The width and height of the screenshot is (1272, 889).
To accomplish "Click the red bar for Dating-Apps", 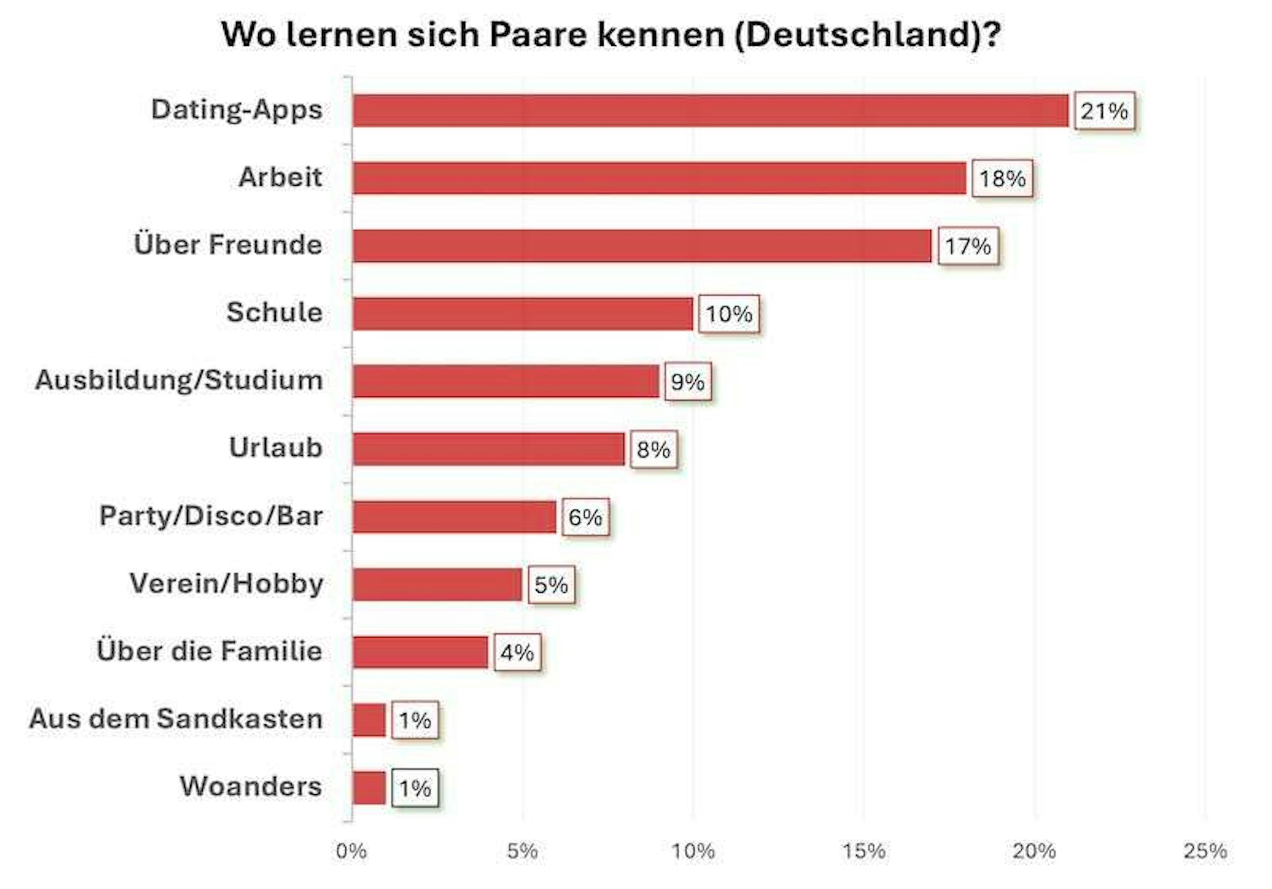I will point(710,111).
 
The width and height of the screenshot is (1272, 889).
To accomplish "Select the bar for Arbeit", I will point(659,178).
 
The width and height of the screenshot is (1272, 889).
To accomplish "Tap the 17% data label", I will point(967,246).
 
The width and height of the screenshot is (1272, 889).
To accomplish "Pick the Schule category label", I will point(274,312).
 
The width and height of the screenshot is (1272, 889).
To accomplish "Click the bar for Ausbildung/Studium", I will point(506,381).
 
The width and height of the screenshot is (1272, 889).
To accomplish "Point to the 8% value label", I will point(653,450).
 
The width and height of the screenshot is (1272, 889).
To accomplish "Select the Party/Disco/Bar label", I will point(211,516).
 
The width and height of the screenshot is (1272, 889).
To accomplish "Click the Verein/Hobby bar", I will point(437,584).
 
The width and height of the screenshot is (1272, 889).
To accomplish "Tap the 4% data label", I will point(517,652).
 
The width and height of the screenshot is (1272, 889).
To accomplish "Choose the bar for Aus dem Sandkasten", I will point(369,720).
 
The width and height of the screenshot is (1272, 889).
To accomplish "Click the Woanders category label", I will point(251,787).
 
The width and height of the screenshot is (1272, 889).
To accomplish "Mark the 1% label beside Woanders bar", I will point(415,789).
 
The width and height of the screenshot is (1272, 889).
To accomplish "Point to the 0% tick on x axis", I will point(351,851).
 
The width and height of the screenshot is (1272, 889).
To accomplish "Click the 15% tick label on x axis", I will point(863,851).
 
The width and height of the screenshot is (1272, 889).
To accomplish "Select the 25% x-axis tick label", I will point(1205,851).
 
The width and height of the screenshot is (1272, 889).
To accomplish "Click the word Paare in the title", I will point(538,34).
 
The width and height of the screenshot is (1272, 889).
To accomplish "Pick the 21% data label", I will point(1104,111).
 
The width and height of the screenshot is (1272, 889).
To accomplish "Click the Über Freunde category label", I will point(228,245).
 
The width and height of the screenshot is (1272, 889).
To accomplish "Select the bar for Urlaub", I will point(488,449).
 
